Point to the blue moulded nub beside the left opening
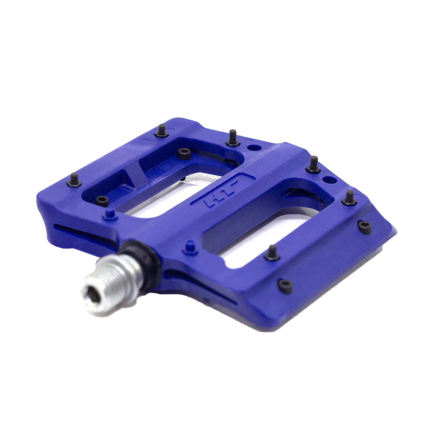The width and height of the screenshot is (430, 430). pyautogui.click(x=110, y=215)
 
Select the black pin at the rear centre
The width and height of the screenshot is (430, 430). pyautogui.click(x=233, y=138)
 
